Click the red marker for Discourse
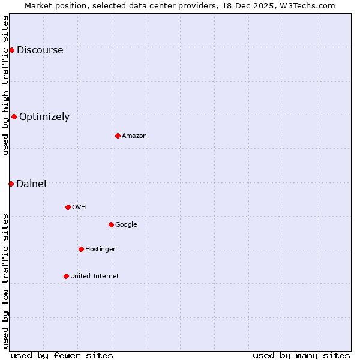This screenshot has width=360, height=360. click(11, 50)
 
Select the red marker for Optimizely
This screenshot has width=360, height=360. click(14, 116)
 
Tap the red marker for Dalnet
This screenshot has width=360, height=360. click(11, 184)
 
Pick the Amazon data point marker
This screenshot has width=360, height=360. click(118, 136)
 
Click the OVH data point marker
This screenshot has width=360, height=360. click(68, 207)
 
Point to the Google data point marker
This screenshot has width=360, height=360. click(111, 224)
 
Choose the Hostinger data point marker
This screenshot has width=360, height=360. click(81, 249)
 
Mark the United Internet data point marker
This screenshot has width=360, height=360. click(66, 276)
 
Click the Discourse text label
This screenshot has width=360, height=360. click(40, 50)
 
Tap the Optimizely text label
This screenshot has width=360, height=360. click(44, 117)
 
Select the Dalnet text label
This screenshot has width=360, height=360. click(32, 184)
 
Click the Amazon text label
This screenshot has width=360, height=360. click(134, 136)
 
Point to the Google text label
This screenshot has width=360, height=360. click(126, 225)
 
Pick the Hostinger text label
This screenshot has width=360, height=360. click(100, 250)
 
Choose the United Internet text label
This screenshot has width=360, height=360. click(94, 277)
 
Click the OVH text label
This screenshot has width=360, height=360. click(79, 208)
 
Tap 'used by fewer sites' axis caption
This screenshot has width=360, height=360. click(62, 355)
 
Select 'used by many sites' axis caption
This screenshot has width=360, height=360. click(301, 355)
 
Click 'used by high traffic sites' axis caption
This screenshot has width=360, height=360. click(5, 85)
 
